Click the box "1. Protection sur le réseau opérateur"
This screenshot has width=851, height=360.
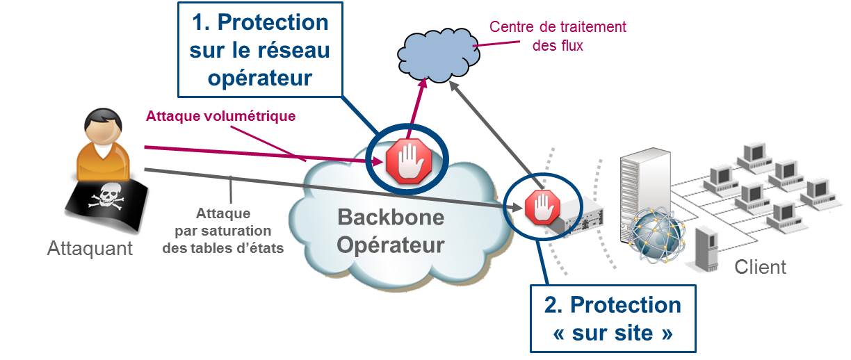point(261,49)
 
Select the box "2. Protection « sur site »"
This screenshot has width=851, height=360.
point(613,319)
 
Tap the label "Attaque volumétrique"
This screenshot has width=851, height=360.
point(220,116)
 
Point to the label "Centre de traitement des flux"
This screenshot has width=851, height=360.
point(558,36)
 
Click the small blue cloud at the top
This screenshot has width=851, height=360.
point(438,55)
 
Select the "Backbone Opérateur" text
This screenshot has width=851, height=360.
point(391,231)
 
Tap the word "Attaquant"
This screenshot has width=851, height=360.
point(90,249)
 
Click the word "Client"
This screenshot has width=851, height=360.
point(760,267)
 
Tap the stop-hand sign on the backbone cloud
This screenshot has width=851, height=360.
point(409,161)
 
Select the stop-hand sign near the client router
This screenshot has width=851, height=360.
point(542,207)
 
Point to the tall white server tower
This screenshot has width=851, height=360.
point(645,190)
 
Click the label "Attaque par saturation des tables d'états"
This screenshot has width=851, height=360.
point(223,231)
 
